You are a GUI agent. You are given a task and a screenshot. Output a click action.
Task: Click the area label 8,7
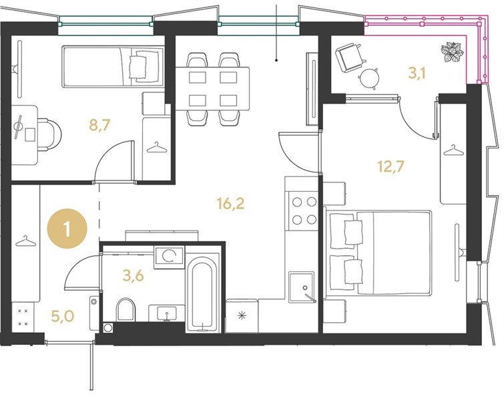pos(99,125)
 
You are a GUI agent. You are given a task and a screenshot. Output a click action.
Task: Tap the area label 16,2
pos(230,203)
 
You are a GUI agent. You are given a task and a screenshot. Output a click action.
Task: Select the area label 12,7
pos(391,166)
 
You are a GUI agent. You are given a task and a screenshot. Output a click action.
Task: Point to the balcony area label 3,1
pos(417,74)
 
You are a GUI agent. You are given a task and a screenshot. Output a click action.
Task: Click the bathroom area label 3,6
pos(133,276)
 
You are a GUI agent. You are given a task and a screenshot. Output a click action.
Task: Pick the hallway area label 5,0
pos(63,316)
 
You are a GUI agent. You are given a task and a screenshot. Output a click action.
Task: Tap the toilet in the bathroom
pos(125,309)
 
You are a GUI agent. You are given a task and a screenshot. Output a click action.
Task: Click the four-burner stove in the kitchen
pos(304,211)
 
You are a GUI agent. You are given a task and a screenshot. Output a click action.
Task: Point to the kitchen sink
pos(302,287)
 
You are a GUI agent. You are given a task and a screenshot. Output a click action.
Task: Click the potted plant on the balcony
pos(452,52)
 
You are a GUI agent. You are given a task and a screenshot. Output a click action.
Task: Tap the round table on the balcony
pos(368,78)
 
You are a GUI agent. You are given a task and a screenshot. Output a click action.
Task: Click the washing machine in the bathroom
pos(169,257)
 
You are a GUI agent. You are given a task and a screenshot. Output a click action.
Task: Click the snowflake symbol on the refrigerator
pos(242,315)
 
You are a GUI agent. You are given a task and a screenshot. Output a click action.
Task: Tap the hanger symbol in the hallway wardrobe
pos(25,241)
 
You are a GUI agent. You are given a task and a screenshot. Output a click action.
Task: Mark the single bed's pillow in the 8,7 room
pos(138,67)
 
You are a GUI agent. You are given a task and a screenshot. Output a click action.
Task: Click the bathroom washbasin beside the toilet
pos(166,313)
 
